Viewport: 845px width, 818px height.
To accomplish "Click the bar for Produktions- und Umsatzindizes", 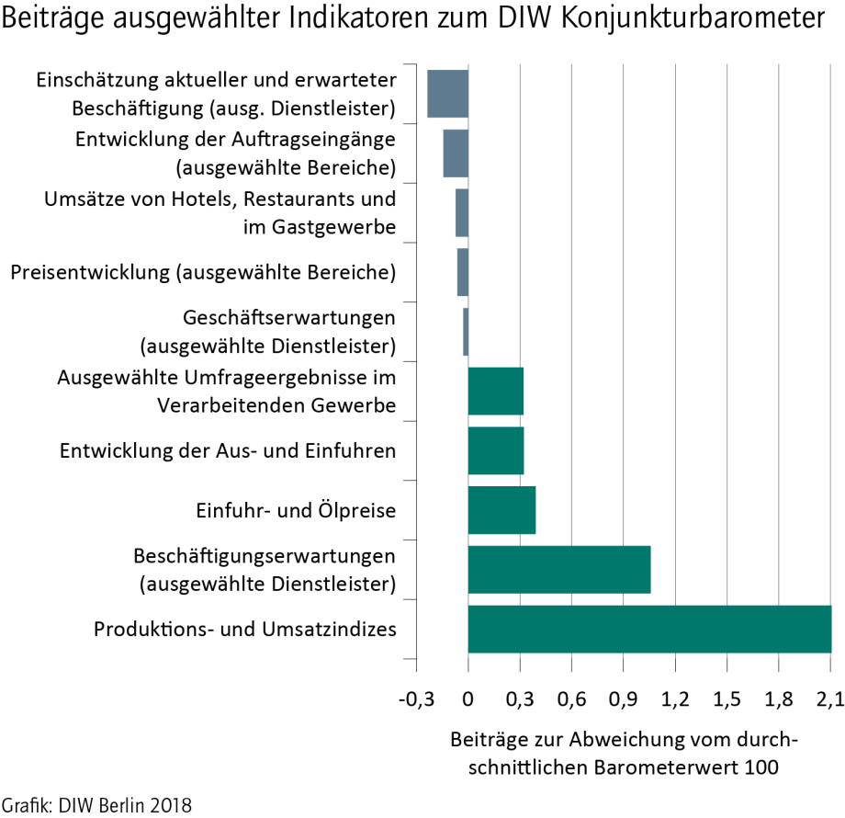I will coord(649,630).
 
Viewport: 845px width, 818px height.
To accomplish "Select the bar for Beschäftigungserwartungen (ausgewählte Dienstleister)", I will coord(559,570).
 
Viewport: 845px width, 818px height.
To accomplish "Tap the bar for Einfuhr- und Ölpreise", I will coord(501,510).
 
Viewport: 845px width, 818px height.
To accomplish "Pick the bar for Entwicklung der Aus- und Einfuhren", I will coord(496,450).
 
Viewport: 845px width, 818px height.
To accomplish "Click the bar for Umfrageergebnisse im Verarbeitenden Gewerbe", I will coord(496,391).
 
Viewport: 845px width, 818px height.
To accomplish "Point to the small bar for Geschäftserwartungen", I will coord(466,332).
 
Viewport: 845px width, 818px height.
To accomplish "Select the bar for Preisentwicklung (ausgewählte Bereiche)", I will coord(463,272).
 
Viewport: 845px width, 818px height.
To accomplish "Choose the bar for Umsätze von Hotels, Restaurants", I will coord(462,212).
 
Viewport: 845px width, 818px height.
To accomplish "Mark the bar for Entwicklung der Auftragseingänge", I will coord(456,153).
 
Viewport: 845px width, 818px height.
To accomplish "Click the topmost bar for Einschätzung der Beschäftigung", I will coord(448,93).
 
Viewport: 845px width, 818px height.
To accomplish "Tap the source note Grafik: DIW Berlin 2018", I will coord(96,805).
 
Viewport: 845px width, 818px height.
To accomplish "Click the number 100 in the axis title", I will coord(761,767).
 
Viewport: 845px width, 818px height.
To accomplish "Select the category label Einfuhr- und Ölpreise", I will coord(296,511).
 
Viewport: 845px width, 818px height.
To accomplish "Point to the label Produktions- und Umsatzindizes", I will coord(245,630).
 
